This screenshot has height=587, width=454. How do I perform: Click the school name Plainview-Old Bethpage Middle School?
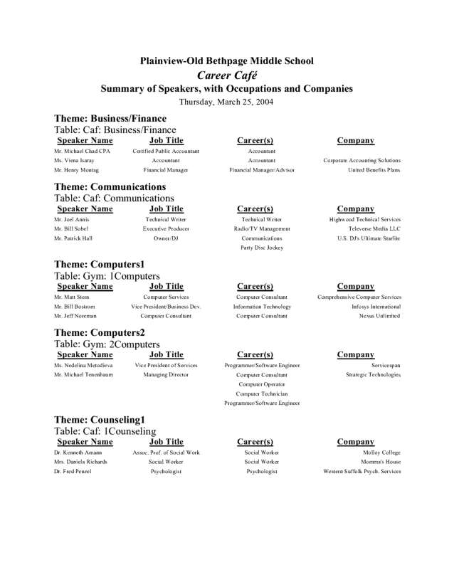(x=226, y=61)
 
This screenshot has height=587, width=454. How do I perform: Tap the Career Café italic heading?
(x=226, y=75)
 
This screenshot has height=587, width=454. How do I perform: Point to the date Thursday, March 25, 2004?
(x=226, y=102)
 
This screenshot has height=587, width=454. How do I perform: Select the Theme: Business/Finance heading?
(x=110, y=118)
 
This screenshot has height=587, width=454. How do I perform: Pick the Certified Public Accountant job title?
(x=166, y=152)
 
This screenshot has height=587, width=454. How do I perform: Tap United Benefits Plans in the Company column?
(x=374, y=171)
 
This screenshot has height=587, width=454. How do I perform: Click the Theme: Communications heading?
(x=110, y=186)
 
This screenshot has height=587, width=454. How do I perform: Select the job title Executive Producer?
(x=166, y=229)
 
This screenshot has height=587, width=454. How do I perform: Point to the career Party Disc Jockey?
(x=262, y=248)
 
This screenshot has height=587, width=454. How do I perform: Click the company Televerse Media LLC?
(x=374, y=229)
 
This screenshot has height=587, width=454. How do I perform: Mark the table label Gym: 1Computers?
(x=107, y=275)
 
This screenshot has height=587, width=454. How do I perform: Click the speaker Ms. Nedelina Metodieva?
(x=83, y=365)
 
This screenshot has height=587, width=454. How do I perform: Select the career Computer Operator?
(x=262, y=384)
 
